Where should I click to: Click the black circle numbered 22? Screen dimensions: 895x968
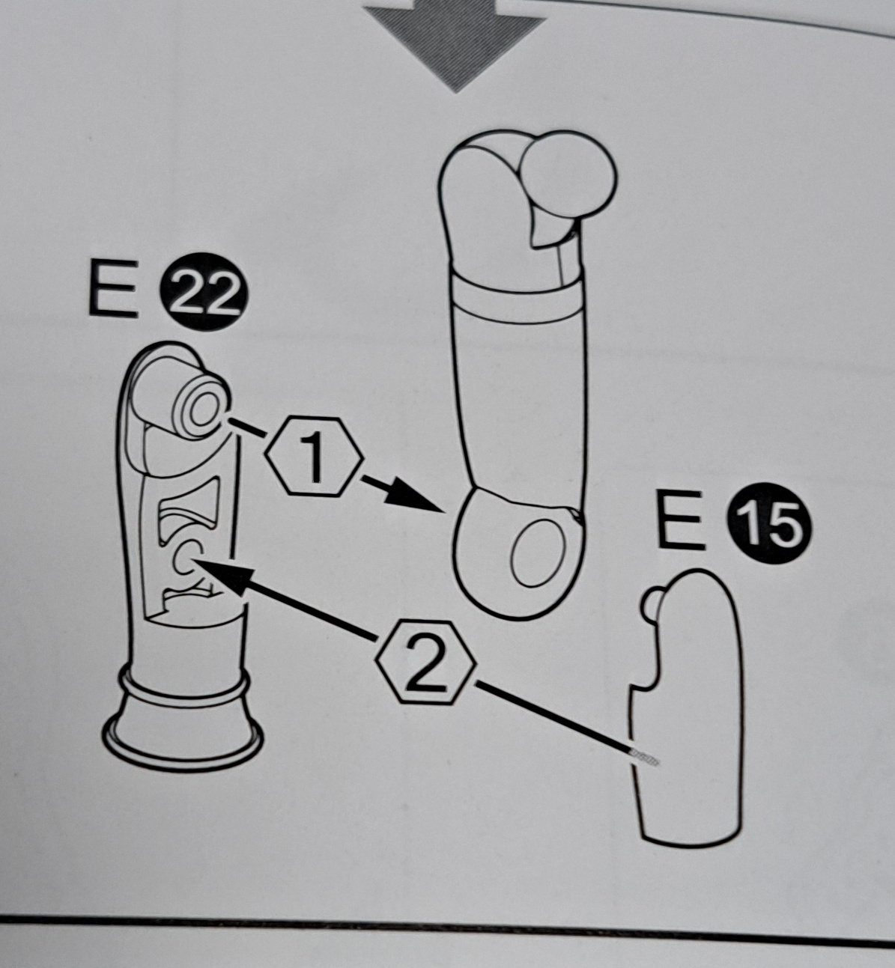(204, 291)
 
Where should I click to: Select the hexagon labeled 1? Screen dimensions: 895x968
(314, 457)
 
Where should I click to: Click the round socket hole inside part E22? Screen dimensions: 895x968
(185, 561)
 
